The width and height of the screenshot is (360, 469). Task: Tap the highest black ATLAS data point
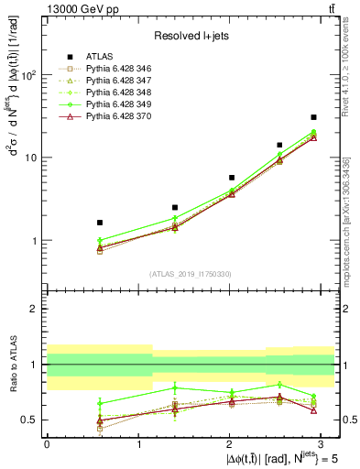tap(313, 117)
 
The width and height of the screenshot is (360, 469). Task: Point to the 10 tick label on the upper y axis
tap(31, 158)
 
